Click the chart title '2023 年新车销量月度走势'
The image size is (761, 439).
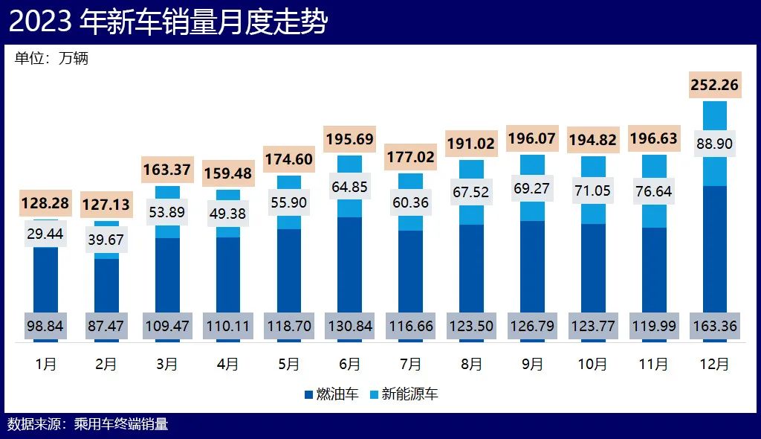pyautogui.click(x=168, y=22)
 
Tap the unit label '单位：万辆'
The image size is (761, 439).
pyautogui.click(x=51, y=58)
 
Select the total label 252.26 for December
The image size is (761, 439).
pyautogui.click(x=714, y=85)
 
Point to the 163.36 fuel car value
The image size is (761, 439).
pyautogui.click(x=714, y=325)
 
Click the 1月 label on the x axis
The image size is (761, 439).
pyautogui.click(x=46, y=364)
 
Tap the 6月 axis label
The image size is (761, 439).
pyautogui.click(x=349, y=364)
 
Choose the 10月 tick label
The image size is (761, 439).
pyautogui.click(x=592, y=364)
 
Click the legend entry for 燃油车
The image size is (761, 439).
pyautogui.click(x=331, y=394)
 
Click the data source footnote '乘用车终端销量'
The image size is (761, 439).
pyautogui.click(x=121, y=424)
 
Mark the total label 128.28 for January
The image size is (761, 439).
pyautogui.click(x=46, y=203)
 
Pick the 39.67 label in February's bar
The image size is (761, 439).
pyautogui.click(x=106, y=239)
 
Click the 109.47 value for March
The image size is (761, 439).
pyautogui.click(x=167, y=325)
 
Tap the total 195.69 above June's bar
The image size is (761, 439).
pyautogui.click(x=349, y=139)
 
